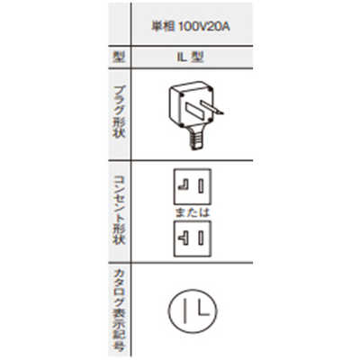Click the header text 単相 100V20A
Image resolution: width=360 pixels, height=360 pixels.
(191, 27)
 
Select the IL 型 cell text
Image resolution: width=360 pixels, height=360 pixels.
(190, 57)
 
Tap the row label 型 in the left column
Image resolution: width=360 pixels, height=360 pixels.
(119, 57)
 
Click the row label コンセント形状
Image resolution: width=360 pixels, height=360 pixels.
(119, 210)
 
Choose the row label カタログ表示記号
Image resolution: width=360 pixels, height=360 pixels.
(119, 310)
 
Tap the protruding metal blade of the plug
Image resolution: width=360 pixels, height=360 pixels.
(212, 108)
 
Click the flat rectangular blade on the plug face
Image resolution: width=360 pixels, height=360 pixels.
(195, 111)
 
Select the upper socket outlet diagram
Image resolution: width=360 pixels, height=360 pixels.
(193, 187)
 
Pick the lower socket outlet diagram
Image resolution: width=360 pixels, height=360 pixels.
(193, 238)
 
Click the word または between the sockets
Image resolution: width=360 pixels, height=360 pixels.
(193, 212)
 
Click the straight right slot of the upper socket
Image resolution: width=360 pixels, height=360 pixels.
(201, 186)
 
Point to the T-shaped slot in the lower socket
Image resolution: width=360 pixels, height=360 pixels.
(184, 238)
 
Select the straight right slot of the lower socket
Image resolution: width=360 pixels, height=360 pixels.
(201, 238)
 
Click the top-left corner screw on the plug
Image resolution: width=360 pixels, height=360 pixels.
(181, 94)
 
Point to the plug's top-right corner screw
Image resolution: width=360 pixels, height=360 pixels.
(210, 88)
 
